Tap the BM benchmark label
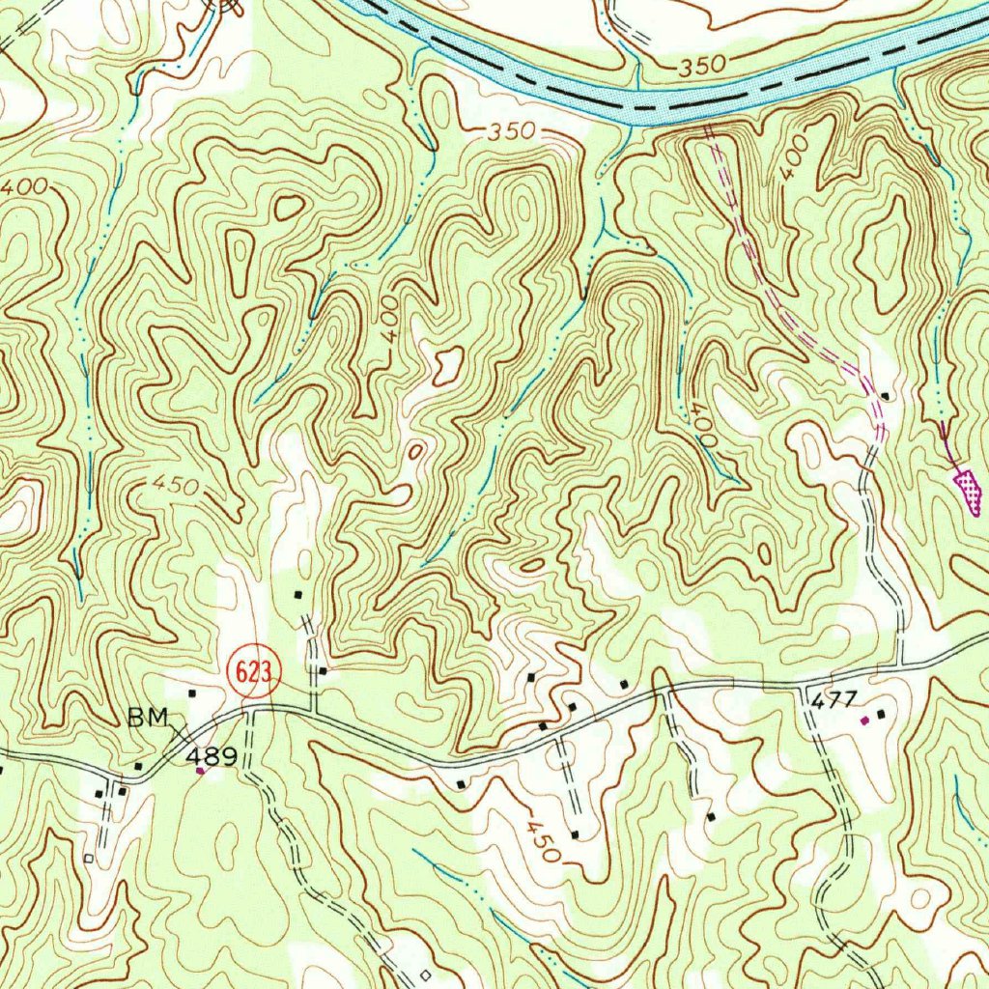point(147,718)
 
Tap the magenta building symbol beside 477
point(864,720)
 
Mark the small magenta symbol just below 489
point(200,771)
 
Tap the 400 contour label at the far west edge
point(23,189)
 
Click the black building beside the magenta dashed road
point(885,396)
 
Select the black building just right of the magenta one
point(881,714)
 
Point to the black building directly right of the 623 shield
point(323,670)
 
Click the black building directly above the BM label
point(192,692)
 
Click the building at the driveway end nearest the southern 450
point(575,834)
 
